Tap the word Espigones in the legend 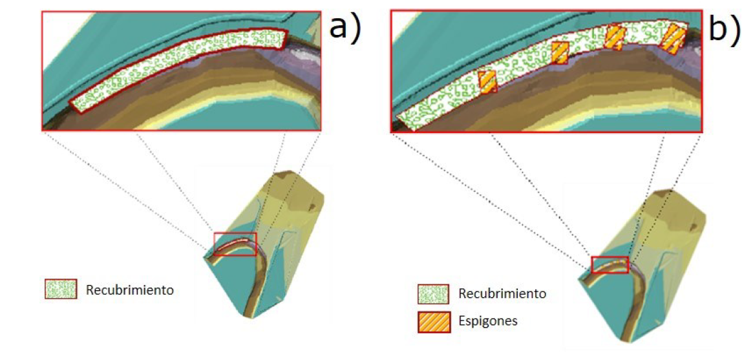coord(488,321)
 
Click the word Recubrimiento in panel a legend coord(130,290)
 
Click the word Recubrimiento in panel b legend coord(502,293)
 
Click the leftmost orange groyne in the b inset coord(488,82)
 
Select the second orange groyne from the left coord(560,53)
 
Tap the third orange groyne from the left coord(614,37)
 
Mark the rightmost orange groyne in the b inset coord(674,37)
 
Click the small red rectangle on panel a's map coord(235,244)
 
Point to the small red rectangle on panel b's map coord(610,264)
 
